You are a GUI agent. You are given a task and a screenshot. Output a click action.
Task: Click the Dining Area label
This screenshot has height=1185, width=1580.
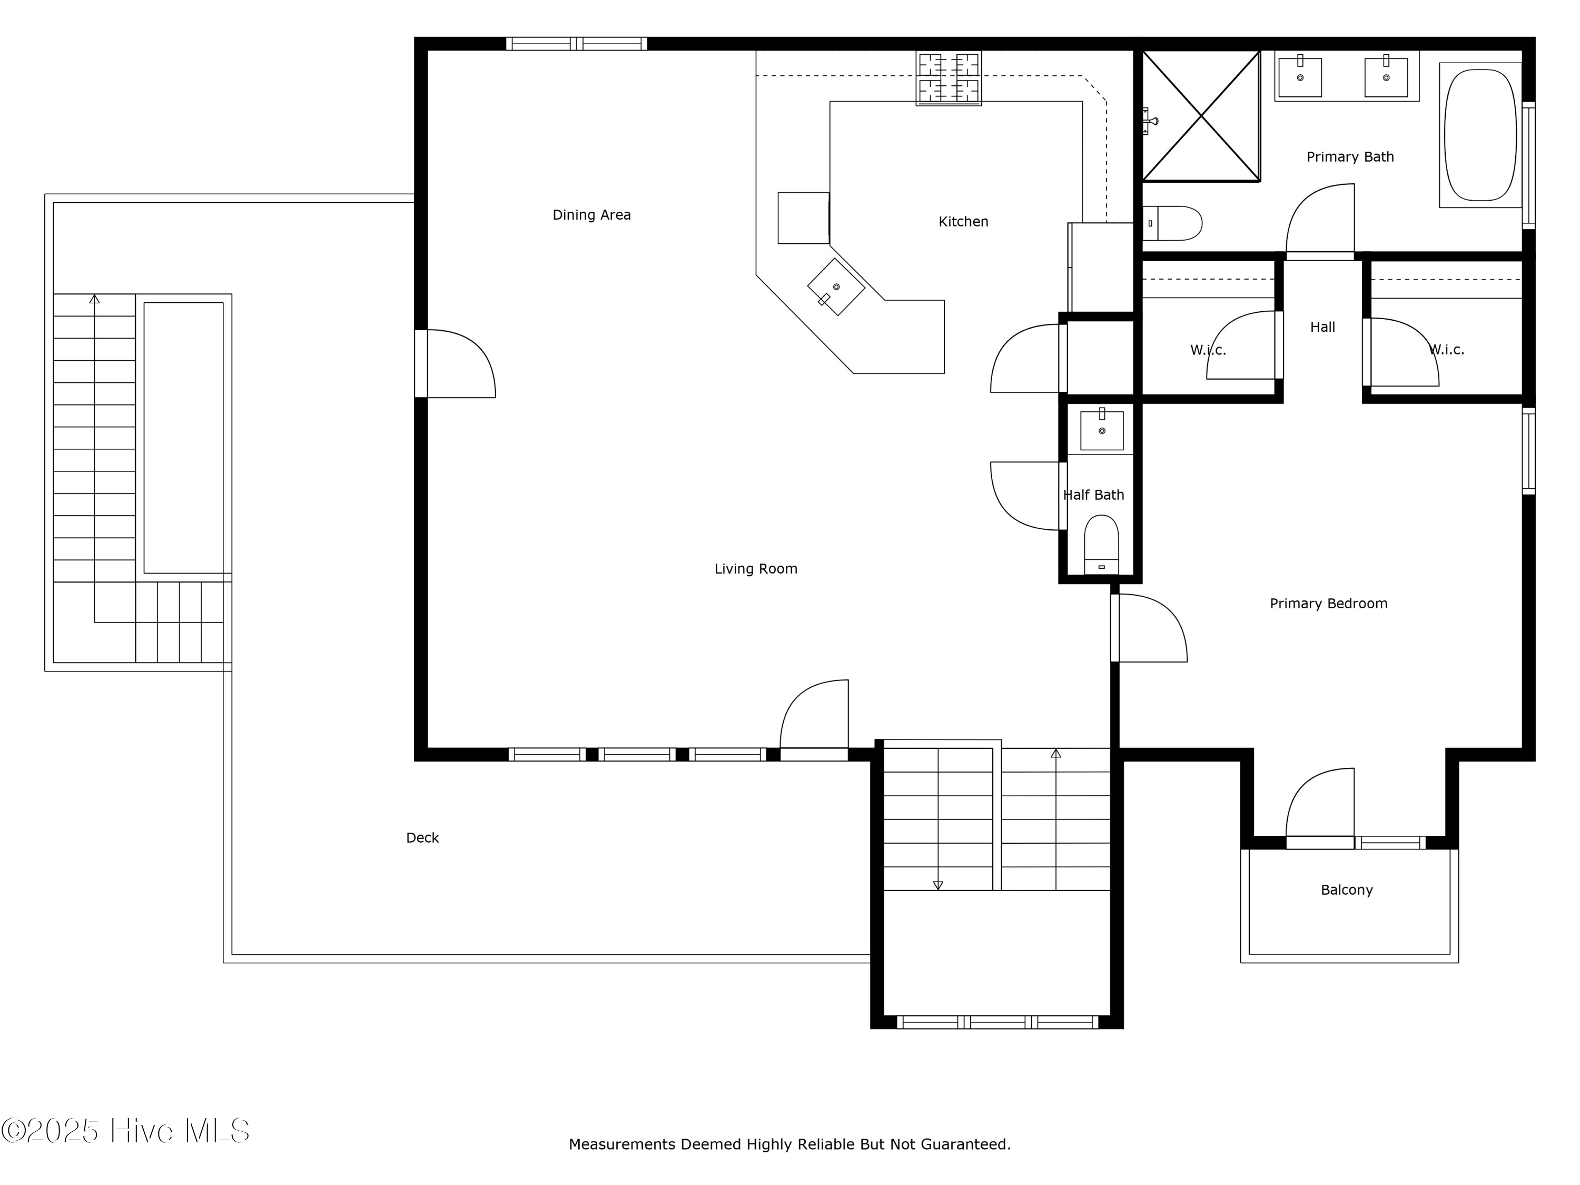[x=591, y=215]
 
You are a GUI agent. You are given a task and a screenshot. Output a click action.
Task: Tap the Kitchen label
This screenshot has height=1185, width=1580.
[x=963, y=222]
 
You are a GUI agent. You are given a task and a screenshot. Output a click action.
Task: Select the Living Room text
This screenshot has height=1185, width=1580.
[x=756, y=569]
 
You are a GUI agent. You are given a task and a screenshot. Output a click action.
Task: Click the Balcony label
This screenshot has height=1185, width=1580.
[x=1347, y=890]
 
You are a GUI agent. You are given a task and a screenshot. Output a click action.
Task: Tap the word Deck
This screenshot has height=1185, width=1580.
[x=422, y=838]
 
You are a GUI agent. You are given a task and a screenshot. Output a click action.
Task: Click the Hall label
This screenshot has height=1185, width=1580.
[x=1322, y=327]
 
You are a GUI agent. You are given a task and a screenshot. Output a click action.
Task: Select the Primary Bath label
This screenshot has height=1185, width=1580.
[x=1350, y=157]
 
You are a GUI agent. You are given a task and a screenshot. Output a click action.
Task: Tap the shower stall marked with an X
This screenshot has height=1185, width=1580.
[x=1201, y=116]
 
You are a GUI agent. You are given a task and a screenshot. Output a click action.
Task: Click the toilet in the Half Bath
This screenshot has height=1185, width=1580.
[x=1101, y=544]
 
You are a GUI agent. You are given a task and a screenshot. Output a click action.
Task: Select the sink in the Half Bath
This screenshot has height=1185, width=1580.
[x=1101, y=430]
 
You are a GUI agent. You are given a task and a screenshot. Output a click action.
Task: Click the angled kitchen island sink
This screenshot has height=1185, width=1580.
[x=836, y=287]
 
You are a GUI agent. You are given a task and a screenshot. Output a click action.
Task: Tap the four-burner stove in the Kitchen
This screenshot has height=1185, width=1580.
[x=949, y=78]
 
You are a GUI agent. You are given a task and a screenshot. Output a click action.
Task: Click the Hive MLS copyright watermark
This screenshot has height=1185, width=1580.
[x=126, y=1131]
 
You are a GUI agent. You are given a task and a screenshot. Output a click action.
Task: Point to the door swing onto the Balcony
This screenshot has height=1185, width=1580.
[x=1320, y=803]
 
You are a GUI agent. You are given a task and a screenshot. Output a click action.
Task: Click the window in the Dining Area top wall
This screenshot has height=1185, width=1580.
[x=576, y=44]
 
